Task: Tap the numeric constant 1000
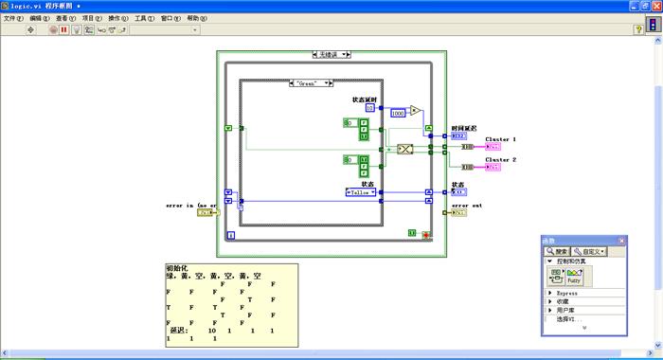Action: click(x=398, y=113)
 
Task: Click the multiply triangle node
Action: click(x=415, y=110)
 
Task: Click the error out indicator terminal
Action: click(x=458, y=212)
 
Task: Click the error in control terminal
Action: click(x=207, y=212)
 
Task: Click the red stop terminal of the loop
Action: click(x=426, y=233)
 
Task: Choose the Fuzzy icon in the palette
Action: click(x=573, y=278)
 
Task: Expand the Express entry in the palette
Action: click(x=549, y=293)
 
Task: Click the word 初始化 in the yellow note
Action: click(x=177, y=268)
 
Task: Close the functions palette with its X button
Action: click(x=631, y=242)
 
